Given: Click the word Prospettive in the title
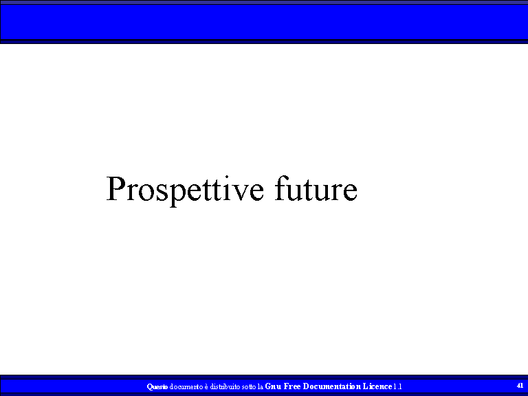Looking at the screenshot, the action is pyautogui.click(x=185, y=190).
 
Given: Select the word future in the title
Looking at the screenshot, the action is pyautogui.click(x=316, y=188).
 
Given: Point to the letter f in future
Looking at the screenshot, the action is pyautogui.click(x=281, y=188).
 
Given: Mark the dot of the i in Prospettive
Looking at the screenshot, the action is pyautogui.click(x=227, y=177).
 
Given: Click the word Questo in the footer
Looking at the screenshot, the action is pyautogui.click(x=157, y=386).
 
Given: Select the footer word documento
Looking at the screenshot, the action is pyautogui.click(x=186, y=386).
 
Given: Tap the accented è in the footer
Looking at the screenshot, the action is pyautogui.click(x=206, y=386).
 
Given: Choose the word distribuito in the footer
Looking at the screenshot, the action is pyautogui.click(x=225, y=386).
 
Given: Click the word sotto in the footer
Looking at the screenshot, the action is pyautogui.click(x=249, y=387).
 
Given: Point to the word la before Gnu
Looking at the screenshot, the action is pyautogui.click(x=261, y=386).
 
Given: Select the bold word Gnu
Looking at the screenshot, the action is pyautogui.click(x=273, y=386).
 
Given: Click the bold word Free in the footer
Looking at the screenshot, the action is pyautogui.click(x=292, y=386).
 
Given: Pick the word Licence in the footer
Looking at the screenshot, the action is pyautogui.click(x=377, y=386).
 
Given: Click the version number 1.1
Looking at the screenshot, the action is pyautogui.click(x=397, y=386).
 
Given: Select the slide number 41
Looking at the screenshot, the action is pyautogui.click(x=520, y=385).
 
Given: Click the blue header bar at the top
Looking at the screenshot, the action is pyautogui.click(x=264, y=22).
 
